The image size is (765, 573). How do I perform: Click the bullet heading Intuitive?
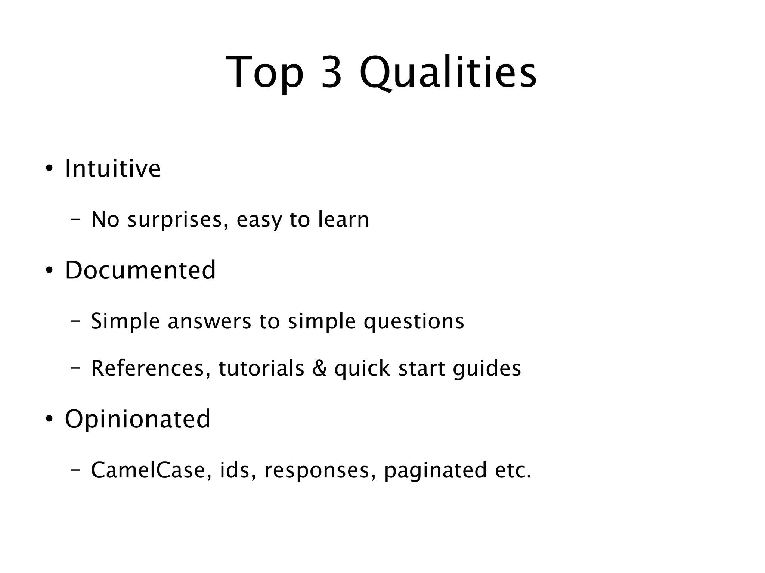coord(113,169)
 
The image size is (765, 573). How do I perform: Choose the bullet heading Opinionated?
coord(138,419)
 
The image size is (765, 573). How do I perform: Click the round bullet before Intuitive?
coord(49,169)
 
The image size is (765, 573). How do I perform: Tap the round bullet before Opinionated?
coord(49,419)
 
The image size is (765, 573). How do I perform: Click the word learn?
coord(343,219)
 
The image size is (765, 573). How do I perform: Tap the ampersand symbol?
coord(319,368)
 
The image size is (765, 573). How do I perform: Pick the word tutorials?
coord(261,368)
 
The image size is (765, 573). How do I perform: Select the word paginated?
coord(435,471)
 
